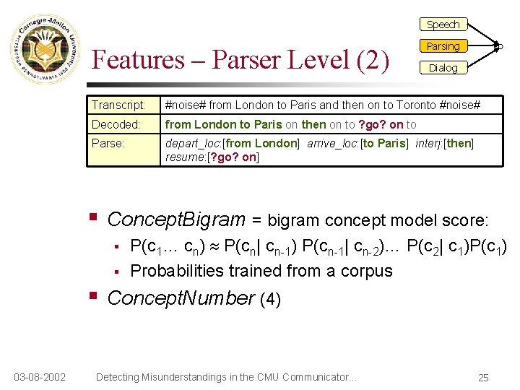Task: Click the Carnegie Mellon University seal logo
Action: click(44, 49)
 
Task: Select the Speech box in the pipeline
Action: click(443, 25)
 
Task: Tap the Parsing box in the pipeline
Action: click(443, 46)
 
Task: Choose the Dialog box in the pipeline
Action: click(443, 68)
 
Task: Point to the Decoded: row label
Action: click(116, 124)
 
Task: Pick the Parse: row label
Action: click(108, 143)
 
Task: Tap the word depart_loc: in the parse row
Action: click(194, 143)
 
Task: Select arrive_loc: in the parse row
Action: click(333, 143)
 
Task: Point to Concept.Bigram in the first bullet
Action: click(176, 219)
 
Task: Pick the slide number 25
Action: click(483, 377)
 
